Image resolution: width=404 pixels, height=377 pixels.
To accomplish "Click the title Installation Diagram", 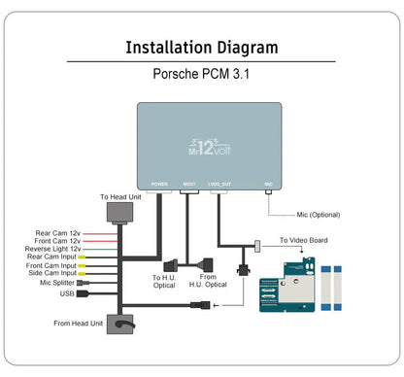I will coord(202,47).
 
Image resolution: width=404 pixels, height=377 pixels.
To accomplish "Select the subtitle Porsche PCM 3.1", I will coord(202,73).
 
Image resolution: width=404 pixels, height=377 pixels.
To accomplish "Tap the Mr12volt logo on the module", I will coord(206,149).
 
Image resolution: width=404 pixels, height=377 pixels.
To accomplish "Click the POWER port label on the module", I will coord(160,183).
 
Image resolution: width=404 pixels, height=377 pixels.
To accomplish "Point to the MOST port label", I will coord(189,183).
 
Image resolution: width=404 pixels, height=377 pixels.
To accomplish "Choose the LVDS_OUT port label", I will coord(220,183).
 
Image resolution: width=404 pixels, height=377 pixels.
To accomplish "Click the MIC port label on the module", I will coord(268,183).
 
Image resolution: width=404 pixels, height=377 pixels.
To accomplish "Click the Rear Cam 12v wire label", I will coord(58,232).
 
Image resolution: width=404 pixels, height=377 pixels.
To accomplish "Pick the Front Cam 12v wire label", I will coord(57,240).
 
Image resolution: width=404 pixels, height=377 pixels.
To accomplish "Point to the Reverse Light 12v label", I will coord(53,249).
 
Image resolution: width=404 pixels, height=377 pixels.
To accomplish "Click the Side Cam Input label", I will coord(56,274).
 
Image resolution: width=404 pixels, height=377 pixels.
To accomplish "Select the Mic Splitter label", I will coord(60,283).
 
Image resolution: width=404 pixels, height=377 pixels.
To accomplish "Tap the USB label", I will coord(66,291).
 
